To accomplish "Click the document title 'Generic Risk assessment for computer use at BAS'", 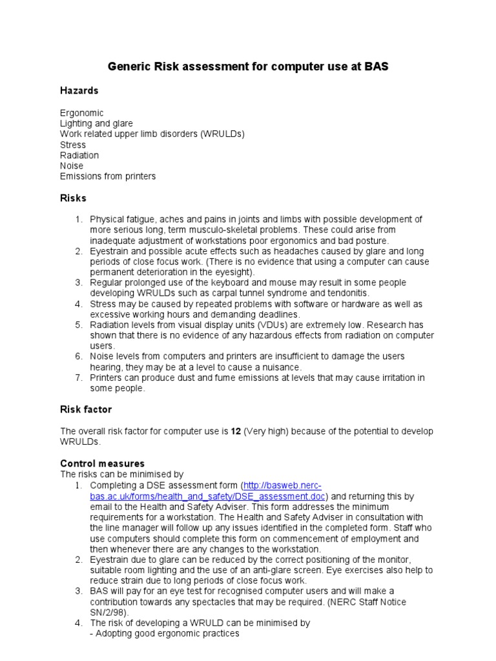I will click(247, 66).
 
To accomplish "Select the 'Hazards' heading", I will click(79, 90).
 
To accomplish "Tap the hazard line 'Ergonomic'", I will click(81, 113).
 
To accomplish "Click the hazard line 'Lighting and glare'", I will click(96, 123).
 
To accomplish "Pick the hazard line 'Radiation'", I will click(79, 156).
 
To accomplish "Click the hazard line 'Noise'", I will click(72, 166).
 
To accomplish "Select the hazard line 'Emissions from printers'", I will click(108, 176).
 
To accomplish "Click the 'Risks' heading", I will click(73, 198).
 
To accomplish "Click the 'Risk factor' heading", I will click(86, 409).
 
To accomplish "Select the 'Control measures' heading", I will click(102, 463).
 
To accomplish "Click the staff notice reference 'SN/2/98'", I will click(107, 612).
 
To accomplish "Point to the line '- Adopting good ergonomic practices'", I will click(165, 633).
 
